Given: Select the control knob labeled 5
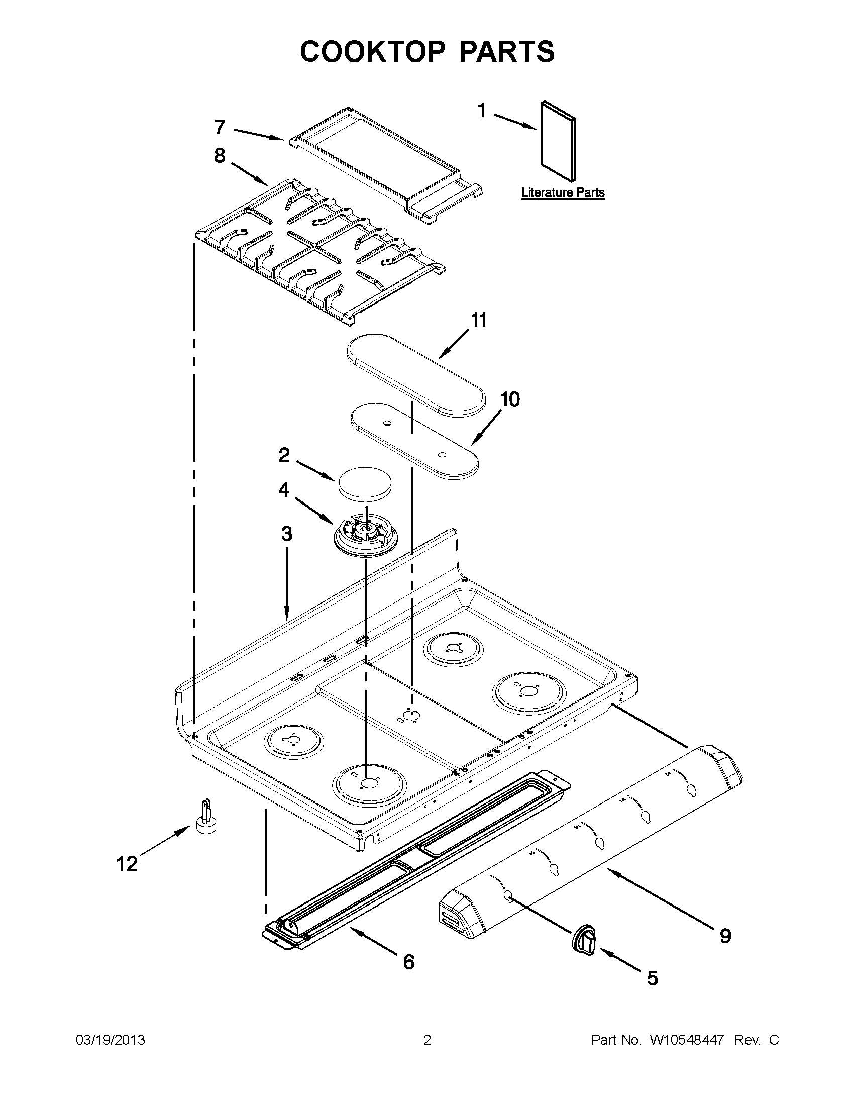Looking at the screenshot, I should [x=585, y=941].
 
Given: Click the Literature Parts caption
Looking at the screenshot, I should [x=563, y=193].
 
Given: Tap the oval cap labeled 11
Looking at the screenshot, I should [x=415, y=374].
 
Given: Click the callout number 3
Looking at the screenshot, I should [x=286, y=533].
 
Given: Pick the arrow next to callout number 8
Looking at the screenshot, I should [x=251, y=174].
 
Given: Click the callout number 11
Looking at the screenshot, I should [x=478, y=320].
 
